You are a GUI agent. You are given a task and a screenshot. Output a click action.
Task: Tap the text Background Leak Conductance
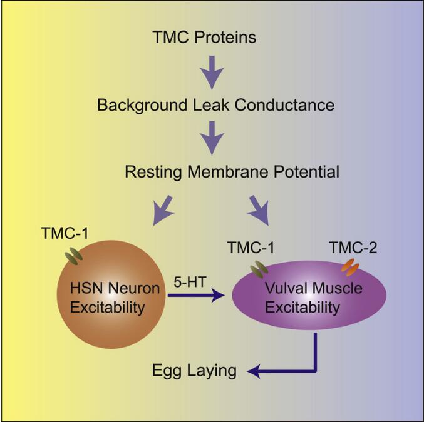(x=215, y=104)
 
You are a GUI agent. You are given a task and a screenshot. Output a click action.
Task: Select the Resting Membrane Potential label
(x=215, y=171)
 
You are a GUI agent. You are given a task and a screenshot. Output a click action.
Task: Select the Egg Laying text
(x=195, y=371)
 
